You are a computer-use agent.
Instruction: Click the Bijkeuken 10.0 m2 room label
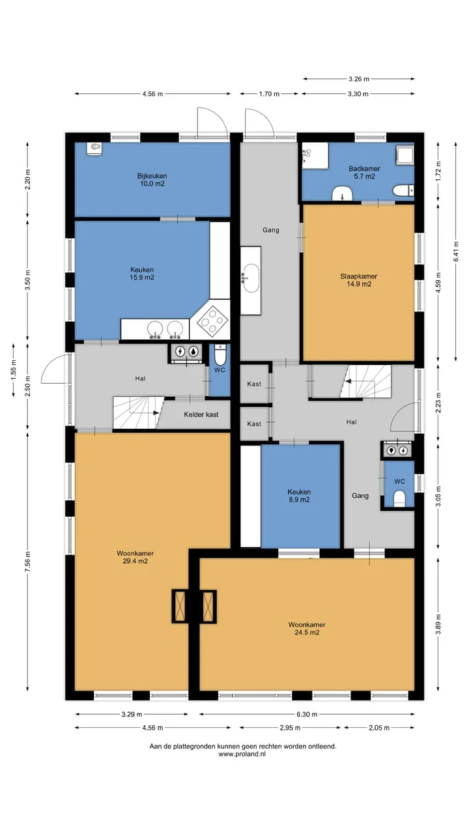tap(152, 179)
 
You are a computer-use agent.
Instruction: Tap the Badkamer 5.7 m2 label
tap(364, 173)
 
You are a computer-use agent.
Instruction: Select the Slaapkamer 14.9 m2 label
tap(358, 280)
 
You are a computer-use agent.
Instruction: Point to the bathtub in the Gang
tap(250, 280)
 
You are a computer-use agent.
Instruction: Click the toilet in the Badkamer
tap(403, 190)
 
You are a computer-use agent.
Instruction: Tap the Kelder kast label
tap(201, 414)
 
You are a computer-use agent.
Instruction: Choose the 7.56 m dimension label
tap(27, 562)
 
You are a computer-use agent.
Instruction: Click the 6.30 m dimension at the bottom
tap(307, 714)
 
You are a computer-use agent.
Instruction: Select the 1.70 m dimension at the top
tap(269, 94)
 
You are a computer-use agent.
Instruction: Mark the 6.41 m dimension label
tap(456, 252)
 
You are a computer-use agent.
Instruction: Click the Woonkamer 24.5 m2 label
tap(307, 629)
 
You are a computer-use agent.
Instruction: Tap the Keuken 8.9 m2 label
tap(299, 496)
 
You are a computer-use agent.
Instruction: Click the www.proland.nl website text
tap(242, 754)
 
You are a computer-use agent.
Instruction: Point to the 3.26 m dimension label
tap(359, 79)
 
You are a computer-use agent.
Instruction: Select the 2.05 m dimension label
tap(379, 728)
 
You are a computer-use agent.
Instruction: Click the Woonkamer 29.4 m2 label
tap(135, 557)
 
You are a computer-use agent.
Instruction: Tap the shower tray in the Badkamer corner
tap(405, 154)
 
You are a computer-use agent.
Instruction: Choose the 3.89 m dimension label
tap(438, 624)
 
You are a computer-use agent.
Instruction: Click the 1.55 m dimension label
tap(14, 370)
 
